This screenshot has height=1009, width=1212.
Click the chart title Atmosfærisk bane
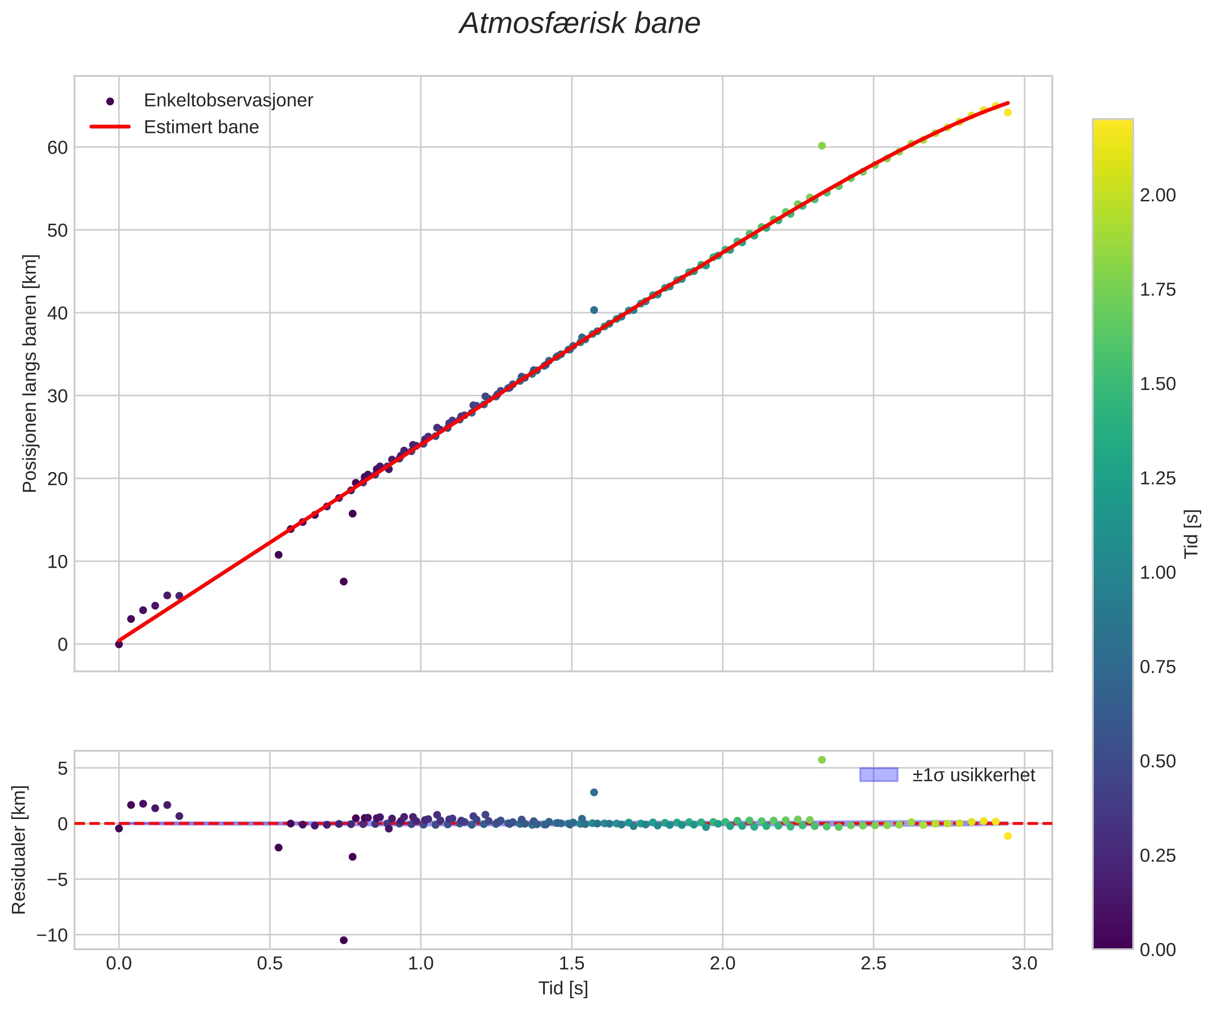[x=579, y=24]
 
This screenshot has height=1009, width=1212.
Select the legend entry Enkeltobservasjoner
[x=228, y=100]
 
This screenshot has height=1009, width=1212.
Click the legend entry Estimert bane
[x=201, y=127]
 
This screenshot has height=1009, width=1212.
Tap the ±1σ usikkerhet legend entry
[x=973, y=775]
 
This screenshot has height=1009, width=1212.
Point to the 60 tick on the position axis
[x=58, y=148]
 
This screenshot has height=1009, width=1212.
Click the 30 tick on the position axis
[x=58, y=396]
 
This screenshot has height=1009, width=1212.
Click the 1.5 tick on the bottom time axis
[x=571, y=964]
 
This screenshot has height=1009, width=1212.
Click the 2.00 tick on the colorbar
[x=1157, y=195]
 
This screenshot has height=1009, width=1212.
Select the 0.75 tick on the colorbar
[x=1157, y=667]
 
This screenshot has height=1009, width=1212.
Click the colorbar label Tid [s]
[x=1191, y=534]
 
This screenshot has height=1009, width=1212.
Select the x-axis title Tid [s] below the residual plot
[x=563, y=988]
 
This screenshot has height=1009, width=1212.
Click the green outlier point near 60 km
[x=822, y=146]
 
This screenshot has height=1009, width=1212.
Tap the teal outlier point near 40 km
[x=594, y=310]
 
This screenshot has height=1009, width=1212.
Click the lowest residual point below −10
[x=343, y=940]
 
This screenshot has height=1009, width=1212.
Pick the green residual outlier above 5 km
[x=822, y=760]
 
